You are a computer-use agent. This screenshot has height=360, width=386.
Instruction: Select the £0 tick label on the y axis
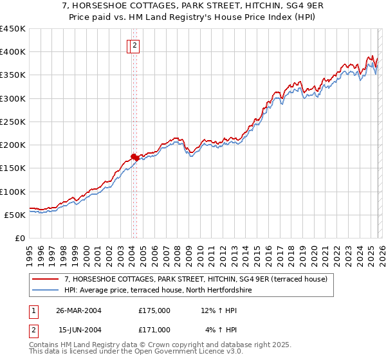[20, 238]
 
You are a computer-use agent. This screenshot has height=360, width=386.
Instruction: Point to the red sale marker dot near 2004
[134, 156]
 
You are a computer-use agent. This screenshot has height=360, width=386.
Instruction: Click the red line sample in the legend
[46, 279]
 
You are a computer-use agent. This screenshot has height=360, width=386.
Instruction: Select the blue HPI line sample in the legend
[46, 290]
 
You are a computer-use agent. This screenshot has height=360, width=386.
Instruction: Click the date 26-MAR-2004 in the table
[78, 310]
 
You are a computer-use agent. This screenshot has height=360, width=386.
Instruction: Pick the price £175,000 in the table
[154, 310]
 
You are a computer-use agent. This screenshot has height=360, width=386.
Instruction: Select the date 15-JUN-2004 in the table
[78, 329]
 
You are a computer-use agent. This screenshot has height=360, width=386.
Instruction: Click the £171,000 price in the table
[154, 329]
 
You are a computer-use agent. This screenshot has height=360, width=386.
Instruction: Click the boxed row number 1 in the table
[33, 310]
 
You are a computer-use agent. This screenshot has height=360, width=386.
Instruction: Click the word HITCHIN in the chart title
[250, 6]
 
